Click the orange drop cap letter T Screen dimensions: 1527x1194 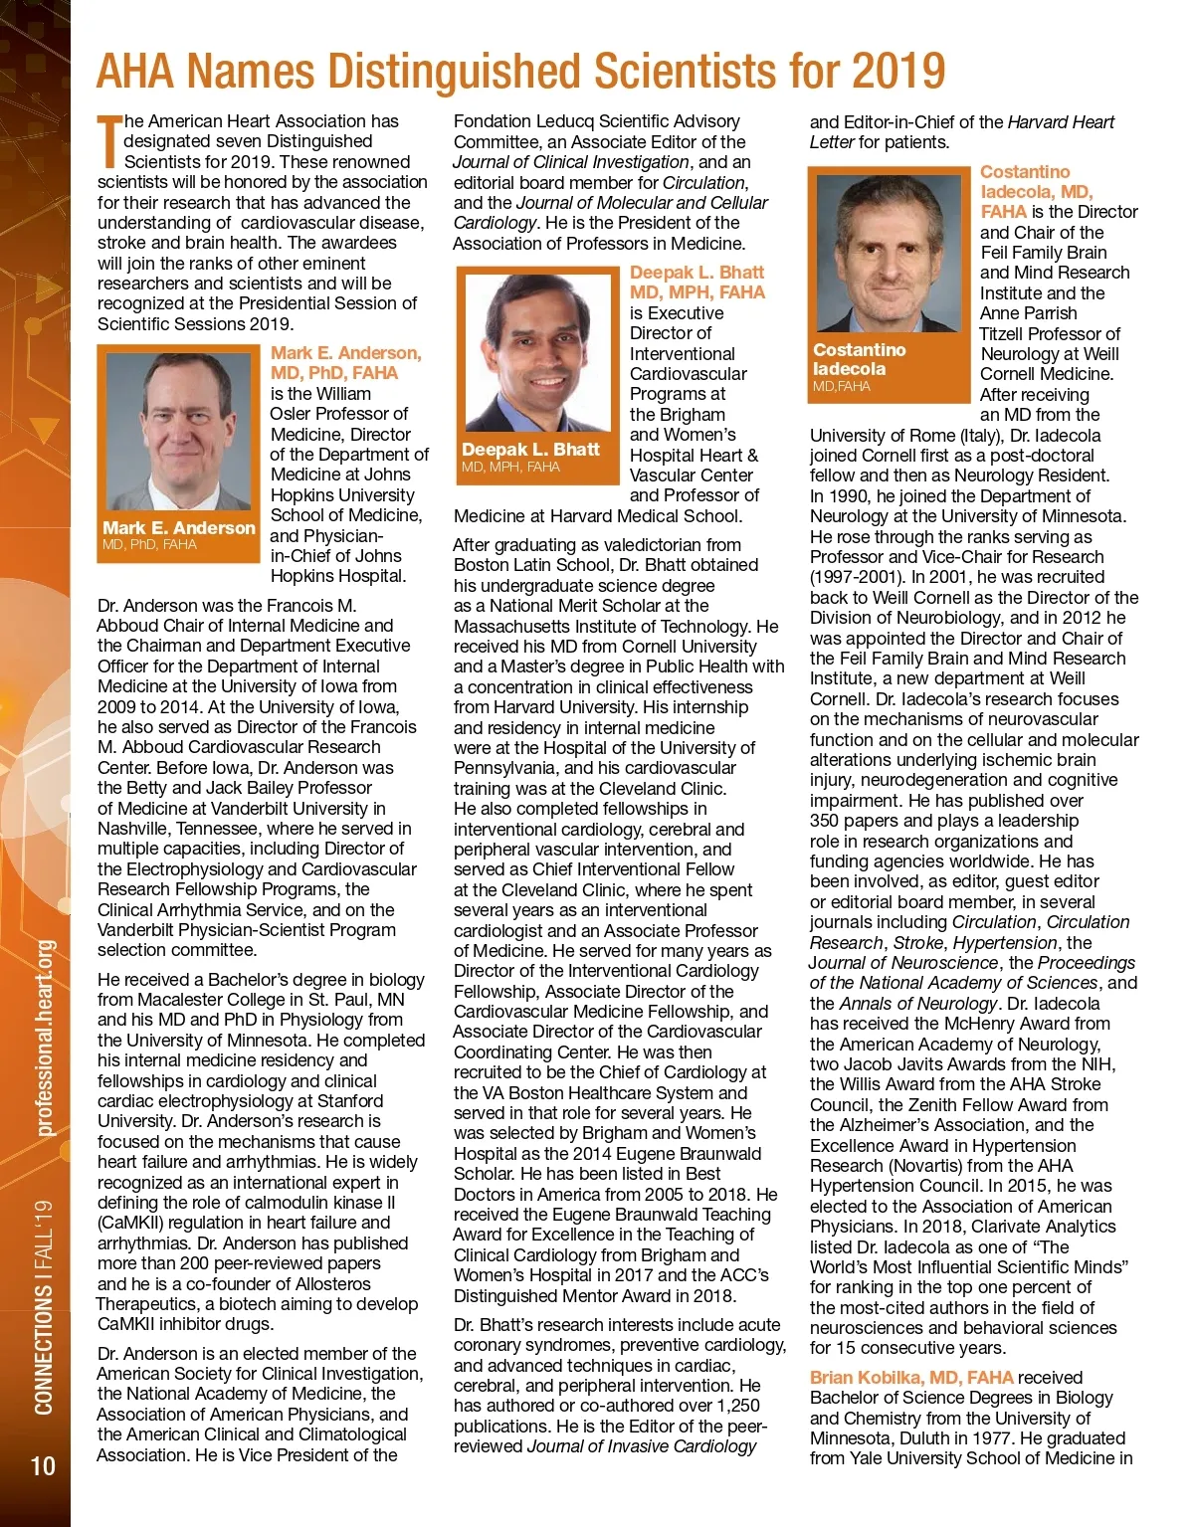tap(108, 141)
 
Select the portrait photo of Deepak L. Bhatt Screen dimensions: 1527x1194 tap(537, 354)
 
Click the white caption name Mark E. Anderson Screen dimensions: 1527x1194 tap(179, 527)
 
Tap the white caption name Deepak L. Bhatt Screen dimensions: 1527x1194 tap(530, 449)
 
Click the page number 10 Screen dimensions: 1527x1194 tap(43, 1465)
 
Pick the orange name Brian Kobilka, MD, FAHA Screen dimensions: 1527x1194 tap(911, 1378)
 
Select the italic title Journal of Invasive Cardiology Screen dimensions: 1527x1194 tap(642, 1446)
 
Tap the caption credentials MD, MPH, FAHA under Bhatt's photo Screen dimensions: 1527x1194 tap(510, 467)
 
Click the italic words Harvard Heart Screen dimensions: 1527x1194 tap(1061, 121)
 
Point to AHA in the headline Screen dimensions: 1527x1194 tap(135, 72)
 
